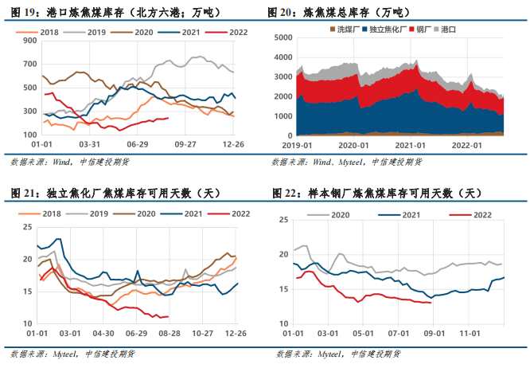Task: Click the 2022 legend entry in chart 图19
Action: [x=232, y=32]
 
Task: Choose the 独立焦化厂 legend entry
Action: [x=389, y=29]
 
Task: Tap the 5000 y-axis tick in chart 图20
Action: [x=281, y=37]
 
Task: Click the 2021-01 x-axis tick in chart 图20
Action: [x=409, y=145]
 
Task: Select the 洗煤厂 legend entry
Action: [x=345, y=29]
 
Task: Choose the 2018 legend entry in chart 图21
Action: [x=49, y=213]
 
